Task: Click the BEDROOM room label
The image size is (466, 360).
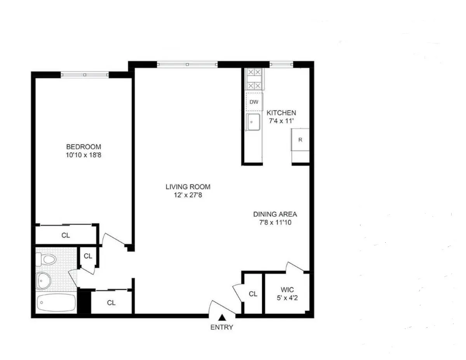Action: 83,147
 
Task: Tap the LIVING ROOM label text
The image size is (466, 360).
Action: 188,187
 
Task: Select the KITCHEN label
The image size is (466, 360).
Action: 281,113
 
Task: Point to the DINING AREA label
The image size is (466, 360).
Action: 275,214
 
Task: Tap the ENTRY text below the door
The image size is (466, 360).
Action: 222,327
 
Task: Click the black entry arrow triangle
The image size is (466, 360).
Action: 222,317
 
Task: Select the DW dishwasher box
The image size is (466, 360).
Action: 254,102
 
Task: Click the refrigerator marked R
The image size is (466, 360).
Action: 300,140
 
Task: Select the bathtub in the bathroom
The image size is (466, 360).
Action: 57,302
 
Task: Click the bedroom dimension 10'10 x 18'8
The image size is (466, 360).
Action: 83,155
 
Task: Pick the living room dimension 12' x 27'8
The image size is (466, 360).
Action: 188,195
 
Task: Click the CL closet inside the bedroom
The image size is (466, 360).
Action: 66,235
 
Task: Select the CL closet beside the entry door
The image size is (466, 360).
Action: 253,294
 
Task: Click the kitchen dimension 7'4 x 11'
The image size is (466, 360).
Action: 281,121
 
